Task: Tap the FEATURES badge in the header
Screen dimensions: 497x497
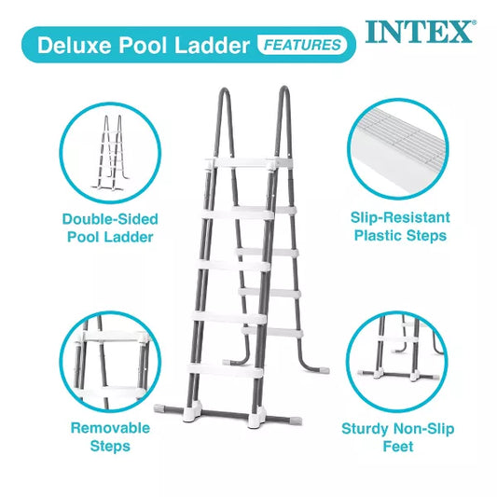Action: pyautogui.click(x=303, y=45)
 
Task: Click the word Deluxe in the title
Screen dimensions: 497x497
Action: pyautogui.click(x=75, y=45)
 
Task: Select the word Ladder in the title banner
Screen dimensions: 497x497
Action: pyautogui.click(x=212, y=45)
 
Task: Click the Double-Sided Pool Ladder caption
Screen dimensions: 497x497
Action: pyautogui.click(x=110, y=228)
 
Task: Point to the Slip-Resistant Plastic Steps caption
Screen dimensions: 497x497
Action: pyautogui.click(x=400, y=227)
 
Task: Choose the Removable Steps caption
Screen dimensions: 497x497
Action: pyautogui.click(x=110, y=436)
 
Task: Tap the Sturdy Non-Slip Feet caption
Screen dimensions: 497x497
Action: pyautogui.click(x=398, y=437)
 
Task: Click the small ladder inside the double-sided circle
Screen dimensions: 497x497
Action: pyautogui.click(x=110, y=153)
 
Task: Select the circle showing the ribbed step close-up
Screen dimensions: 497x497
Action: pyautogui.click(x=398, y=149)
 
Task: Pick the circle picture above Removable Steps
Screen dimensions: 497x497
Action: pyautogui.click(x=110, y=362)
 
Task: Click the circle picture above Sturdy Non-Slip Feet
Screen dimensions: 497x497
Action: pyautogui.click(x=397, y=362)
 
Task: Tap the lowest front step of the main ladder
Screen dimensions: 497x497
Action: pyautogui.click(x=225, y=370)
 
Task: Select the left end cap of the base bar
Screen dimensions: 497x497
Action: pyautogui.click(x=161, y=408)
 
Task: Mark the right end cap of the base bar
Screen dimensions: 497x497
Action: pyautogui.click(x=295, y=421)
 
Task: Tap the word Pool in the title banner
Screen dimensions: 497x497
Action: pyautogui.click(x=143, y=45)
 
